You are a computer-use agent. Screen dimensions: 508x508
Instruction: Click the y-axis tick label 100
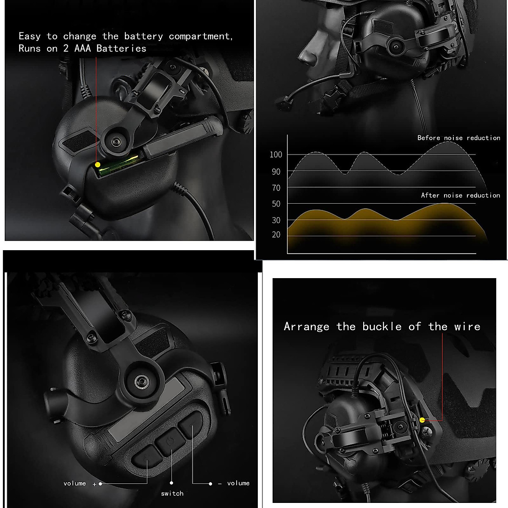[276, 155]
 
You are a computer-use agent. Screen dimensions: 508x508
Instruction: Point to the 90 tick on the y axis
[276, 171]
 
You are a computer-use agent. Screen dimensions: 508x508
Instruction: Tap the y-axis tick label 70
[276, 188]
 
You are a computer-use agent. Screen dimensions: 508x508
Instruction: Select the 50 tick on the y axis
[276, 204]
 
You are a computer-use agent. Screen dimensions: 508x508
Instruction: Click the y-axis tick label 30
[276, 220]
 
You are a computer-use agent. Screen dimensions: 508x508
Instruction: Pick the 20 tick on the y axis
[276, 235]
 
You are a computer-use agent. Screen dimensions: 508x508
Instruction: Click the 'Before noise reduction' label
[458, 138]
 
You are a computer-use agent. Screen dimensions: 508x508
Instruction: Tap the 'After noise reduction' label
[460, 195]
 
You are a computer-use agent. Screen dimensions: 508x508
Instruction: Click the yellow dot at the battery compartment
[97, 165]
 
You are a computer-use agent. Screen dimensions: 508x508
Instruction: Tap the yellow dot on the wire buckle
[422, 420]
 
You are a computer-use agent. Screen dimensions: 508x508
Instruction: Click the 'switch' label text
[172, 494]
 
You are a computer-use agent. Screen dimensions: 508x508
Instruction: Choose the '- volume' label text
[234, 483]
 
